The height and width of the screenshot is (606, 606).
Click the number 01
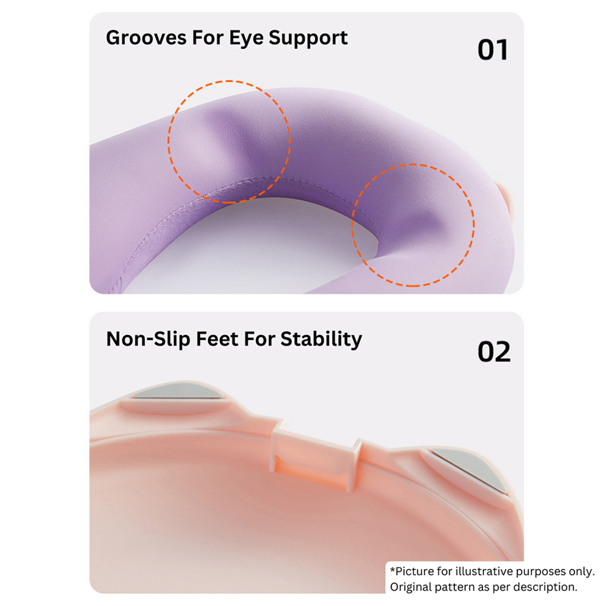click(x=492, y=50)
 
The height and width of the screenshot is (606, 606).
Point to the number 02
click(x=494, y=351)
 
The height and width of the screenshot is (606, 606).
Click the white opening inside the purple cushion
click(x=247, y=247)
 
